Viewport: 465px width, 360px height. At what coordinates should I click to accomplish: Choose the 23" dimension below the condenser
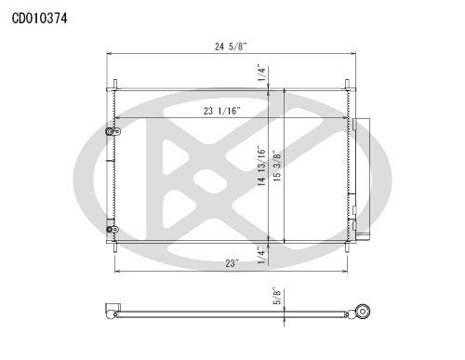click(x=231, y=263)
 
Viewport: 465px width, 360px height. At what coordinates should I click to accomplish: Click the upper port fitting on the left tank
click(x=111, y=133)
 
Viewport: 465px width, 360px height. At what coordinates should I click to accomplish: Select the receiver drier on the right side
click(x=363, y=177)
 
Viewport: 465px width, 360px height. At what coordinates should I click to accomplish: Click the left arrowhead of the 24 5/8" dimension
click(x=110, y=55)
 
